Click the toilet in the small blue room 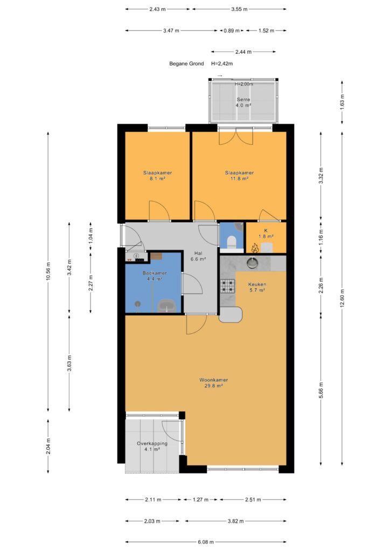232,242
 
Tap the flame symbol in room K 255,248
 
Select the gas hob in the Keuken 227,286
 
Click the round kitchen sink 253,263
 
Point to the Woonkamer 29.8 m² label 213,383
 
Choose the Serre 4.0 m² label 243,102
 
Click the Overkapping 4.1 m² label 152,446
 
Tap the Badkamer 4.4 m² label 155,276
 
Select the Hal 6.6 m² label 198,256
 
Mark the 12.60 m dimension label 342,298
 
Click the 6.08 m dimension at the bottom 206,542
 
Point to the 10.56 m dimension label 48,271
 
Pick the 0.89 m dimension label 232,31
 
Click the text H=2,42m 222,63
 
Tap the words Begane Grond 186,63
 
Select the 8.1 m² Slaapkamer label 157,175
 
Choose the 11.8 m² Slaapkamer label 239,175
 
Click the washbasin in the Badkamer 166,306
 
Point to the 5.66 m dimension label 321,388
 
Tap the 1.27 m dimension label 200,499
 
